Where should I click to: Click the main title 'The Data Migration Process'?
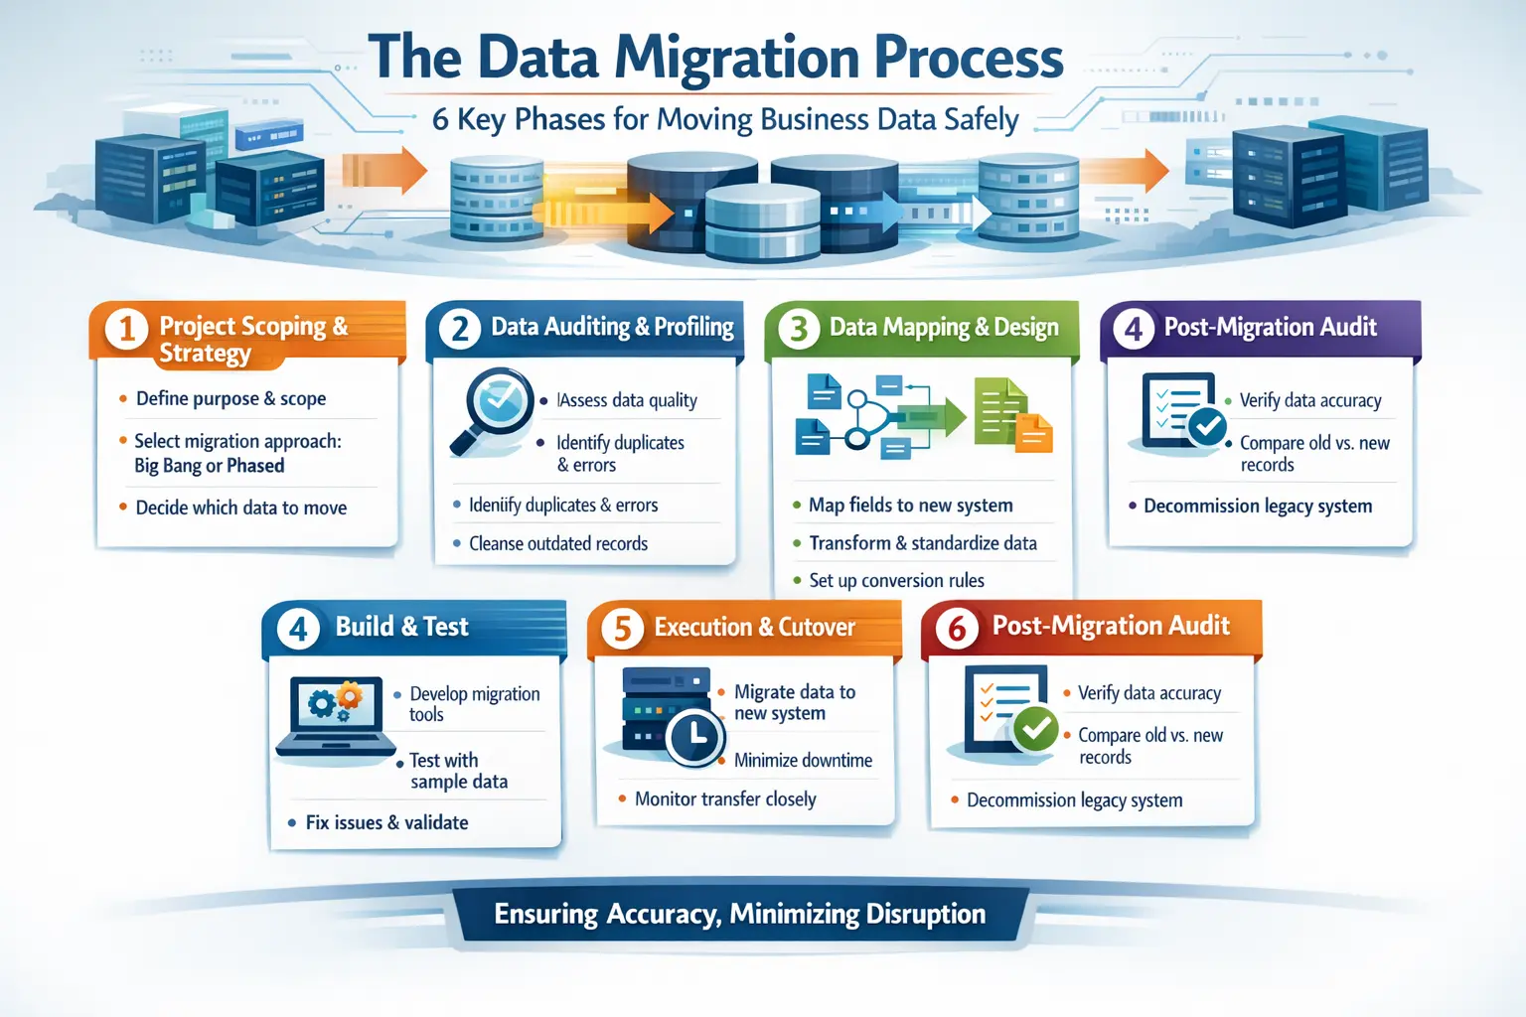click(x=715, y=58)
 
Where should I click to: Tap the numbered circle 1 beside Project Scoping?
click(x=126, y=329)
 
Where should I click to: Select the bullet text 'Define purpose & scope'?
click(x=230, y=398)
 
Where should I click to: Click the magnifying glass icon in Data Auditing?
click(x=491, y=409)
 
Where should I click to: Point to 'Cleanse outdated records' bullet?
click(x=557, y=543)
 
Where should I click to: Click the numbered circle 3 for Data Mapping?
click(x=799, y=329)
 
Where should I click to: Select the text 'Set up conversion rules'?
click(x=896, y=580)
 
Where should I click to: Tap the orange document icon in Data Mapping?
click(x=1034, y=433)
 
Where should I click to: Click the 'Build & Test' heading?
click(x=401, y=627)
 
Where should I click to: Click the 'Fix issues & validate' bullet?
click(x=386, y=822)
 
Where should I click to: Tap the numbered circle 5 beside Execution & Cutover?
click(x=623, y=629)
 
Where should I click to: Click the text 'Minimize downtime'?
click(x=803, y=761)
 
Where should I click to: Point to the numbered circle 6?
click(x=957, y=628)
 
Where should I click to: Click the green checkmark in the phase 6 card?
click(x=1035, y=730)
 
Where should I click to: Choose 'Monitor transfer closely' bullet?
click(x=725, y=799)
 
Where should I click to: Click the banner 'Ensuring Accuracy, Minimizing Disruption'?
click(x=739, y=914)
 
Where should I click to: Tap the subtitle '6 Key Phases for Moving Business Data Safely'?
click(x=725, y=119)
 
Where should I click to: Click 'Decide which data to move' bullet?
click(x=240, y=508)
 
